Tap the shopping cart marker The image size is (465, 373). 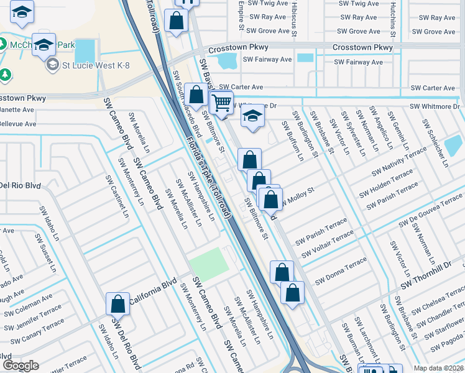[221, 103]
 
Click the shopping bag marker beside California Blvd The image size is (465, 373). [117, 305]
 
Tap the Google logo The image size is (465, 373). [20, 365]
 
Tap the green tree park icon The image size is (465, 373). [5, 75]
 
